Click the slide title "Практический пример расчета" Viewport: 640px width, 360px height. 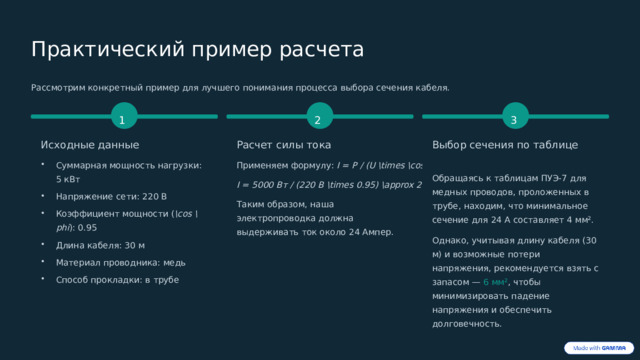[197, 50]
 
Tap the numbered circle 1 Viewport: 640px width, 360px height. [122, 120]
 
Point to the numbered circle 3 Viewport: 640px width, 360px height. [513, 120]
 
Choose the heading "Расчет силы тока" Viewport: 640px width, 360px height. [283, 146]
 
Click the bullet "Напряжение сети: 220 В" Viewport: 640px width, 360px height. [112, 196]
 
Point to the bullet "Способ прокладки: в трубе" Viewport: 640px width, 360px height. [118, 279]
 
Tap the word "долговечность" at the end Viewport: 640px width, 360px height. [467, 323]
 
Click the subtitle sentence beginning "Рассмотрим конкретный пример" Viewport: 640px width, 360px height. [240, 88]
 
